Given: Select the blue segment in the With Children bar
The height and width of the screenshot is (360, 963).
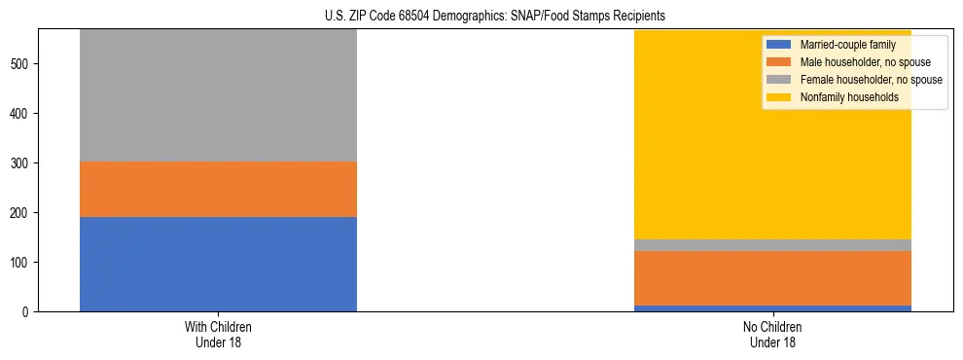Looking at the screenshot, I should coord(218,264).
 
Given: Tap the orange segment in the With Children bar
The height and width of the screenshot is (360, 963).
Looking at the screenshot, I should coord(218,189).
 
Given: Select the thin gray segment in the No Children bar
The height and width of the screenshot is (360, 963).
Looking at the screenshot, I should coord(772,245).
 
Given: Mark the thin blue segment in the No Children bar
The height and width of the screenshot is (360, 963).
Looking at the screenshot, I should coord(772,308).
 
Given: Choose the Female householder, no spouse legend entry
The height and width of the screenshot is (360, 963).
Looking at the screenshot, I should coord(857,80).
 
